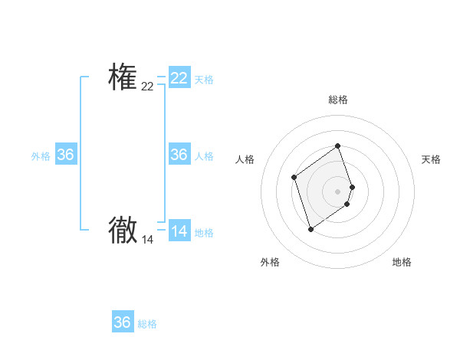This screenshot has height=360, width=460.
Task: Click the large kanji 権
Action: coord(123,77)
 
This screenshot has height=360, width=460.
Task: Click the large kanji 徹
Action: coord(123,230)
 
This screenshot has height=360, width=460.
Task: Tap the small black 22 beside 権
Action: coord(147,87)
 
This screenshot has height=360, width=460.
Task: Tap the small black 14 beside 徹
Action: coord(147,240)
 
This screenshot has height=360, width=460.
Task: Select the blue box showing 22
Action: coord(179,78)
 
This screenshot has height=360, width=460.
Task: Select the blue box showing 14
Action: coord(179,231)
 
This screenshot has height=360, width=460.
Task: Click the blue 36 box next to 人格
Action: coord(179,155)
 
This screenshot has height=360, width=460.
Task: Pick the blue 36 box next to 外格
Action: coord(66,155)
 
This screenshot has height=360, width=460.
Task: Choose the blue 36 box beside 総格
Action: coord(123,322)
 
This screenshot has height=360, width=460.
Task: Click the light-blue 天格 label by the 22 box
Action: coord(204,80)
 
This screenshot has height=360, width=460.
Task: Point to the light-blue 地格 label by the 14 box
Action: coord(204,233)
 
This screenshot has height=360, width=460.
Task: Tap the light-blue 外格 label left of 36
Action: coord(41,156)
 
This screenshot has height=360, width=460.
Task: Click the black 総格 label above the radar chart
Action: coord(338,100)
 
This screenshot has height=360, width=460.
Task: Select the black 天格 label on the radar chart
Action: coord(432,159)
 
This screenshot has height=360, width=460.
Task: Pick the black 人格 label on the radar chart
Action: coord(245,159)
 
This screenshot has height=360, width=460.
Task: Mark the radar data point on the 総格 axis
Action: coord(338,146)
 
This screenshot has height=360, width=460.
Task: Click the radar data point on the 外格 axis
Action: coord(310,229)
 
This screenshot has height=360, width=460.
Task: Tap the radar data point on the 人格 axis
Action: coord(294,178)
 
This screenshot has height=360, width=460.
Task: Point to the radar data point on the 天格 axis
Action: coord(352,187)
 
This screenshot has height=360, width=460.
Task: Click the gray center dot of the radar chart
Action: coord(338,191)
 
